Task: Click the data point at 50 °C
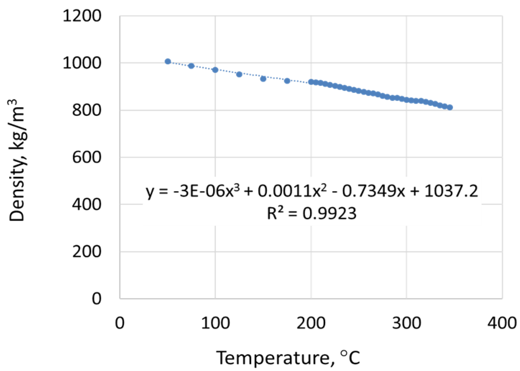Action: tap(168, 62)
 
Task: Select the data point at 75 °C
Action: tap(191, 66)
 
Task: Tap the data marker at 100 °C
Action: tap(215, 70)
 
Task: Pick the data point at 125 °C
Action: tap(239, 74)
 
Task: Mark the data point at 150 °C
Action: tap(263, 79)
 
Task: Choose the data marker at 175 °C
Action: tap(287, 81)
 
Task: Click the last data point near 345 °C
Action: tap(450, 107)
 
